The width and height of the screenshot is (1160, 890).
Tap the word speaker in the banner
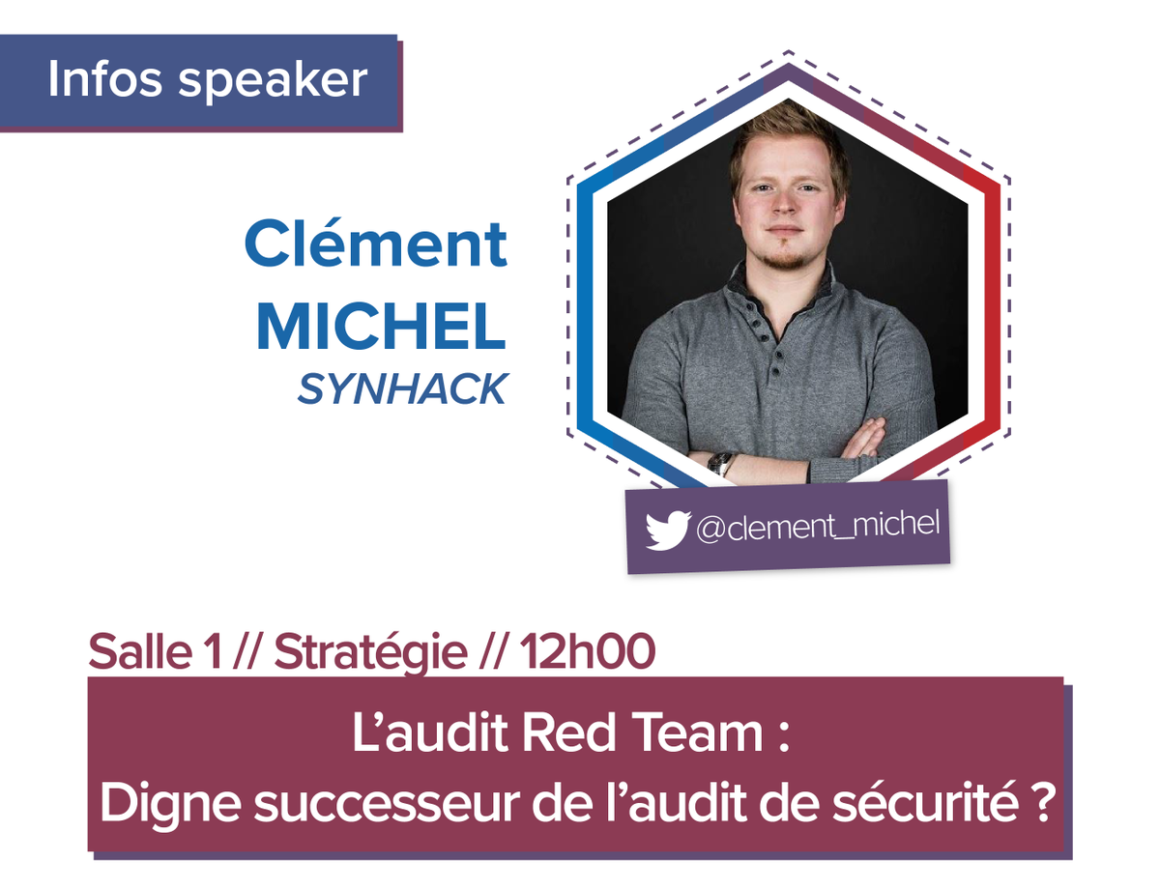pyautogui.click(x=274, y=81)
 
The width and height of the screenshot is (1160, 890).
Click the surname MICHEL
pyautogui.click(x=381, y=328)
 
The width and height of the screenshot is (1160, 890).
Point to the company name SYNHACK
pyautogui.click(x=401, y=388)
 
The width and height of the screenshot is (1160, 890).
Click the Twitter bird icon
pyautogui.click(x=667, y=531)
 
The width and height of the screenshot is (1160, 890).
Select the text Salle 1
pyautogui.click(x=154, y=653)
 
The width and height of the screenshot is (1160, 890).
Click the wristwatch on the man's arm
pyautogui.click(x=719, y=463)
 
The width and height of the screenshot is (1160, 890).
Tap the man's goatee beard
pyautogui.click(x=785, y=259)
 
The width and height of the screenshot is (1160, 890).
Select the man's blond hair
pyautogui.click(x=788, y=130)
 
